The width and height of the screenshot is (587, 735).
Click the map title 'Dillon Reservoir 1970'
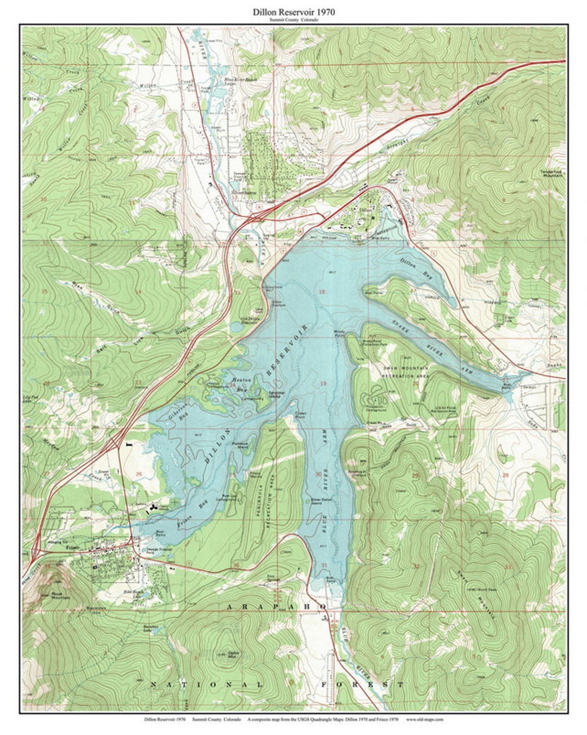[x=293, y=11]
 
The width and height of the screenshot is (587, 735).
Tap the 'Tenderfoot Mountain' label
[x=550, y=173]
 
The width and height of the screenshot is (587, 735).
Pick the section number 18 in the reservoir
[x=322, y=292]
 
